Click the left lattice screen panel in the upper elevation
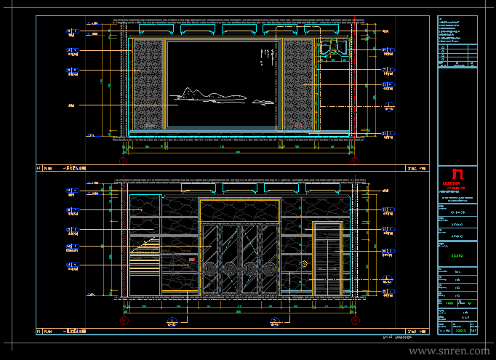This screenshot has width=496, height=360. point(148,85)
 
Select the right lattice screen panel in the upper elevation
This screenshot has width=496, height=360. point(297,85)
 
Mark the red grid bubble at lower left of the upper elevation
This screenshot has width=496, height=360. point(124,161)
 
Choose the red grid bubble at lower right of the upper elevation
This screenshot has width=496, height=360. point(354,161)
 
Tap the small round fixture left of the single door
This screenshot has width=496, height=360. point(306,263)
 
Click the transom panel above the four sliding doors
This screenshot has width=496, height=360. point(239,210)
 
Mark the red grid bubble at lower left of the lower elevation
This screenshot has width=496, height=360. point(124,320)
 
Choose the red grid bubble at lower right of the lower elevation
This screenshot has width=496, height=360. point(354,320)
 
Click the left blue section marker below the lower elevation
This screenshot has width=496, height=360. point(172,321)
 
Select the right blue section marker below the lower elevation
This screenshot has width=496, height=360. point(275,321)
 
